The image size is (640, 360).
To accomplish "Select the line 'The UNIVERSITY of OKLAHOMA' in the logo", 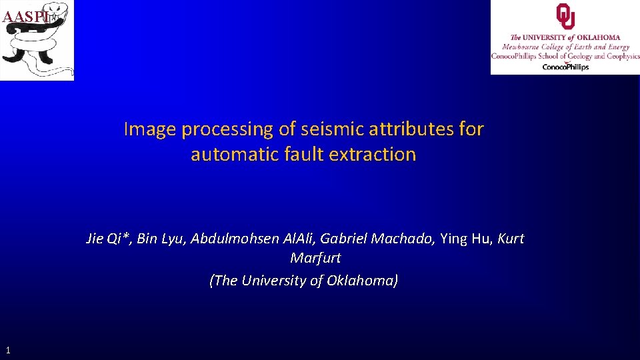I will [x=565, y=38].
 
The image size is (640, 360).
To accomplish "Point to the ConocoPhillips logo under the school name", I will [x=565, y=67].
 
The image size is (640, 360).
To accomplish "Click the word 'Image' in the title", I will [x=150, y=129].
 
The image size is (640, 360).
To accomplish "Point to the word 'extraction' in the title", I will [x=376, y=155].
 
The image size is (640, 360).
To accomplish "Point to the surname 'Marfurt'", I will [x=315, y=257].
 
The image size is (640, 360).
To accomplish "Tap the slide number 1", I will [x=7, y=349].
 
